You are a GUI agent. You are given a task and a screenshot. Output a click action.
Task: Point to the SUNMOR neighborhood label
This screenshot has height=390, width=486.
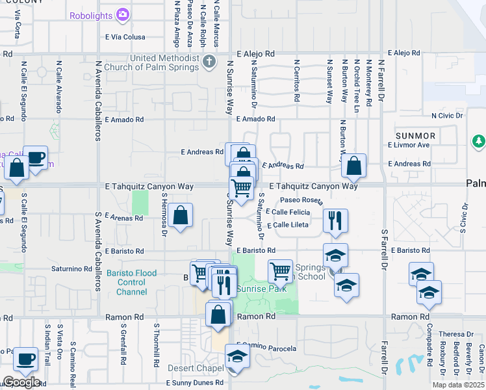[416, 135]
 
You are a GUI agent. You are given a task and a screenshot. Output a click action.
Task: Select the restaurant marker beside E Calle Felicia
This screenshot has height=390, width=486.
[335, 220]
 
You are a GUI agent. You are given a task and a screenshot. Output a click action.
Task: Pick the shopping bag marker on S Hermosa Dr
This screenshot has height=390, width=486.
[181, 215]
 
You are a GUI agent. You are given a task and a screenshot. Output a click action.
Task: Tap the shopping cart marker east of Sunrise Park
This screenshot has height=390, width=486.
[280, 270]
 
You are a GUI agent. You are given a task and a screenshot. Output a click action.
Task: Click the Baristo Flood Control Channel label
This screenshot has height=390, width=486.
[132, 283]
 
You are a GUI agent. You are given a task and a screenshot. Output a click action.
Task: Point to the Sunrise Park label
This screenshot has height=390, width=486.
[261, 289]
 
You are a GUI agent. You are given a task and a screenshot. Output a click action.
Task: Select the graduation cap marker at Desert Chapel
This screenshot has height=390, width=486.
[237, 357]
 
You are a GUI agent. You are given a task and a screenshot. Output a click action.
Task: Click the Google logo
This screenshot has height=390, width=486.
[21, 382]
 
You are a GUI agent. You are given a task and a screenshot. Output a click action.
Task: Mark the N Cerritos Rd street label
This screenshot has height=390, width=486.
[296, 81]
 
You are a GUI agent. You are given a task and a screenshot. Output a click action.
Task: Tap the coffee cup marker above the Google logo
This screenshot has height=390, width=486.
[25, 359]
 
